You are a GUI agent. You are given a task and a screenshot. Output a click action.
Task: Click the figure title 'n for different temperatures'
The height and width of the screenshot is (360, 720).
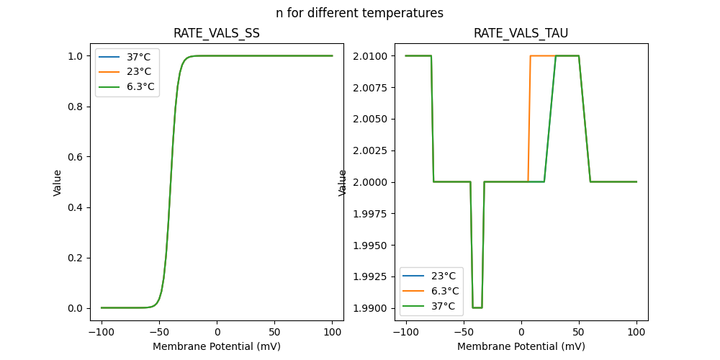[x=359, y=13]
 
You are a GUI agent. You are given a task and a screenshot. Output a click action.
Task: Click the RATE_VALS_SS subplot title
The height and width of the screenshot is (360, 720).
[x=217, y=33]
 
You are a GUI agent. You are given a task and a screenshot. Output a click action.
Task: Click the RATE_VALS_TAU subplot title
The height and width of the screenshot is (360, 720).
[x=521, y=33]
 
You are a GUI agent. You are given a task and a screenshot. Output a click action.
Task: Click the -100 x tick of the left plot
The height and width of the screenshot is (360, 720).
[x=102, y=332]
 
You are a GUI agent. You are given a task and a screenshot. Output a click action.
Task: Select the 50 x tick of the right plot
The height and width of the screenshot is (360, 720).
[x=579, y=332]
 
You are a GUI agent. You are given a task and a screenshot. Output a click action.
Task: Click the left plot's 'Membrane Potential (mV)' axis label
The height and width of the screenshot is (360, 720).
[x=217, y=346]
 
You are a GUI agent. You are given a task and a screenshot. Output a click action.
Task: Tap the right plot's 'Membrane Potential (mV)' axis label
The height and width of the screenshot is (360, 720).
[x=521, y=346]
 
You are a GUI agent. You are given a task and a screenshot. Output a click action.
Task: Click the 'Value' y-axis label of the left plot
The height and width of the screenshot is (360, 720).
[x=58, y=182]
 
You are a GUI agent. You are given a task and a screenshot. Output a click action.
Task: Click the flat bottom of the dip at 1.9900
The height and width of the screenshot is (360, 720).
[x=477, y=307]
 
